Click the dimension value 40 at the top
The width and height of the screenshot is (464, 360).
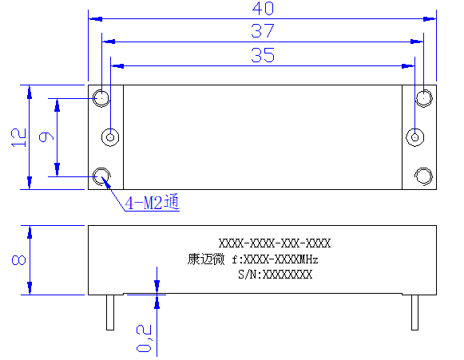[263, 9]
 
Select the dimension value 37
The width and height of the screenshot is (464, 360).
[263, 31]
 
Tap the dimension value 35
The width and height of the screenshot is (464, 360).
[263, 55]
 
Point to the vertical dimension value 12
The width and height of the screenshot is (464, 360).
[18, 137]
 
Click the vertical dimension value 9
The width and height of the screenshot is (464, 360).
[46, 137]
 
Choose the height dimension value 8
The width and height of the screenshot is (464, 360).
[18, 260]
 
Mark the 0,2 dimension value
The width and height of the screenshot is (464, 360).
[144, 338]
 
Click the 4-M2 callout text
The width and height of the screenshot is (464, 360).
[152, 202]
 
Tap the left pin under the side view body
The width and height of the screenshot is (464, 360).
[110, 312]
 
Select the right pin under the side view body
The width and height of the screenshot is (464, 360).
[414, 312]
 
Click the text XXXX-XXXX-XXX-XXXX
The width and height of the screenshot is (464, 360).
[275, 243]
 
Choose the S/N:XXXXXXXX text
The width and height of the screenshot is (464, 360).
[275, 275]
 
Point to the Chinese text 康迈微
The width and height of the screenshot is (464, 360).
[206, 259]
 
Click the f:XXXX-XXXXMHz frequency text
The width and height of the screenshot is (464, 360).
[275, 259]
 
